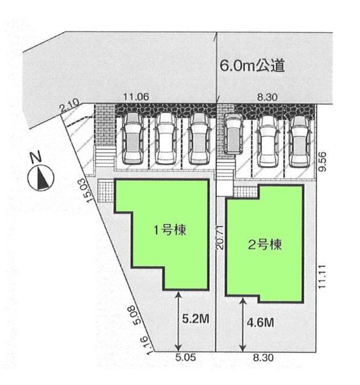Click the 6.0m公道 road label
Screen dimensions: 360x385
tap(252, 65)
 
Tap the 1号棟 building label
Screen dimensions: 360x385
tap(169, 230)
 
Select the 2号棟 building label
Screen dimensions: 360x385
tap(264, 244)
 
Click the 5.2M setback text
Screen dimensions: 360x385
tap(196, 319)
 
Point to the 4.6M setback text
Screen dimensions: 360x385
tap(261, 322)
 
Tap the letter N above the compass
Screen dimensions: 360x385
tap(36, 157)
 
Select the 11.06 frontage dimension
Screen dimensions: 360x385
tap(136, 97)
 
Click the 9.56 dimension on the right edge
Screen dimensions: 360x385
tap(323, 161)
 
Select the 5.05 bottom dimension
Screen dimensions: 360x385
tap(185, 357)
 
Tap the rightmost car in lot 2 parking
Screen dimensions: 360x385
tap(298, 141)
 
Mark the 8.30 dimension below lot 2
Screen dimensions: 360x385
tap(263, 357)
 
